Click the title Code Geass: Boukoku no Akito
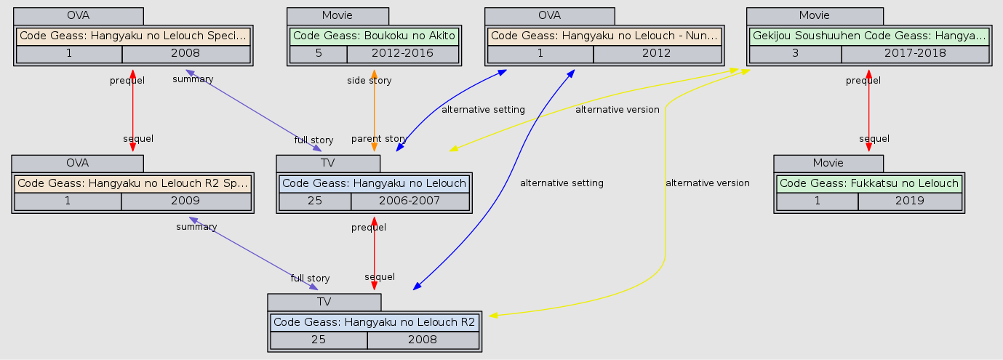[374, 36]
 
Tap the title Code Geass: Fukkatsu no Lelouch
[869, 183]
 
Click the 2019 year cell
[909, 201]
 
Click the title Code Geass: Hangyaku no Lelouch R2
[374, 321]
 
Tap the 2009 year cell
[185, 201]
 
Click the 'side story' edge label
[369, 81]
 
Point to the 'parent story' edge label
[378, 139]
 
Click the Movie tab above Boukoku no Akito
[337, 15]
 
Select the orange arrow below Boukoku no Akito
[374, 109]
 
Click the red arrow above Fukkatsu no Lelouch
[868, 109]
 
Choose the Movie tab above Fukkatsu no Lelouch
[828, 162]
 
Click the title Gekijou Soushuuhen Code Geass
[868, 36]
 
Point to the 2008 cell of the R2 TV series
[422, 340]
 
